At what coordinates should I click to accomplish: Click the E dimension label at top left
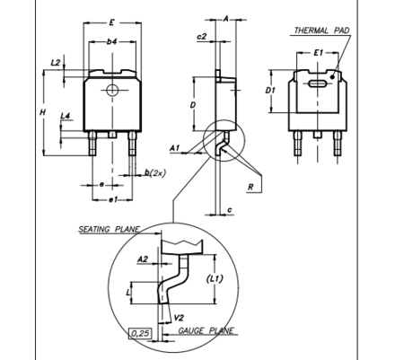pyautogui.click(x=111, y=22)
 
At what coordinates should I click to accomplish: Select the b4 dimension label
pyautogui.click(x=112, y=41)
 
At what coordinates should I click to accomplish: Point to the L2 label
pyautogui.click(x=56, y=63)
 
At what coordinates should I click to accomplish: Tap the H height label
pyautogui.click(x=43, y=112)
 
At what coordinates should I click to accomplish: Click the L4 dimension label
pyautogui.click(x=66, y=116)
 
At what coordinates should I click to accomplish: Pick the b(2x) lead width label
pyautogui.click(x=155, y=172)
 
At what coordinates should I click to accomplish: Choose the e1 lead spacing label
pyautogui.click(x=113, y=199)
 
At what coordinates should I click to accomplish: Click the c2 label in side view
pyautogui.click(x=202, y=37)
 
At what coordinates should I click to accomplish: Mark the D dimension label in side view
pyautogui.click(x=193, y=105)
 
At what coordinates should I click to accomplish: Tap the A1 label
pyautogui.click(x=175, y=148)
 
